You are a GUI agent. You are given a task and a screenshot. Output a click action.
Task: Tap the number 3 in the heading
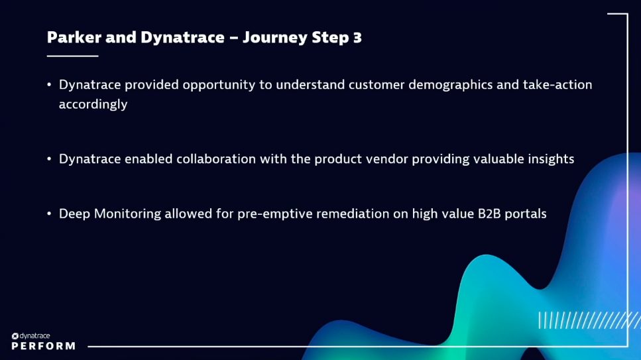(357, 37)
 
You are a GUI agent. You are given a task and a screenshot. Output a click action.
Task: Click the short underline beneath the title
(72, 56)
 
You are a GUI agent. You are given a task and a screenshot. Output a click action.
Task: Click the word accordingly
(93, 105)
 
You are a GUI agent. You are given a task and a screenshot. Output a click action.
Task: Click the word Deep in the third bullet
(74, 213)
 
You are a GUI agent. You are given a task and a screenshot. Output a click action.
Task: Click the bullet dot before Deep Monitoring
(49, 213)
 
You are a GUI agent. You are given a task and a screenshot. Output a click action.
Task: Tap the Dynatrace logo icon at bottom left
(15, 336)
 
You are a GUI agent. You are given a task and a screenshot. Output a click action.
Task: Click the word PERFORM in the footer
(43, 346)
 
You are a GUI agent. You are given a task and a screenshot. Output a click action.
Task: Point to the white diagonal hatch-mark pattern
(587, 320)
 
